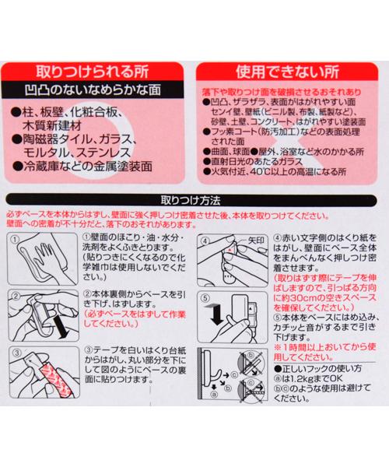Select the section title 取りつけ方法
click(194, 198)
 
